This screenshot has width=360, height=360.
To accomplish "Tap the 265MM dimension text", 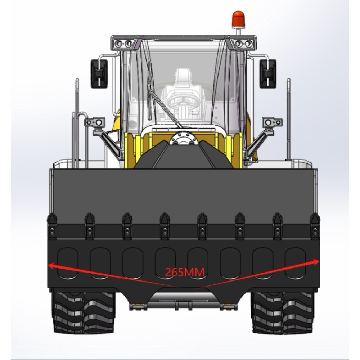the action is click(185, 272).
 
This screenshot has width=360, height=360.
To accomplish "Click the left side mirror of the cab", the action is click(99, 74).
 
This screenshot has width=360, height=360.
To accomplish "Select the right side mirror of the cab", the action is click(268, 74).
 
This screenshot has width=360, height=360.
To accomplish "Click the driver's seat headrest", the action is click(183, 76).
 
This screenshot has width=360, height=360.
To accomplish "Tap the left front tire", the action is click(83, 312).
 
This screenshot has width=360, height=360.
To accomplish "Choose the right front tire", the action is click(282, 312).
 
